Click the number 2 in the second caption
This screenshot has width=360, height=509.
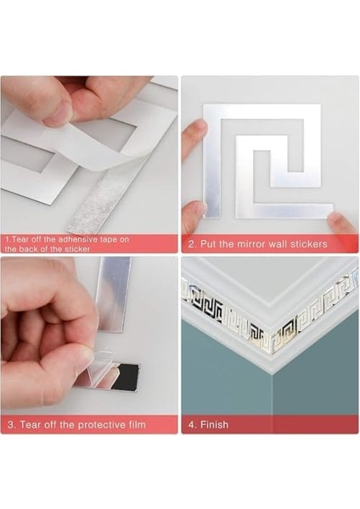point(191,244)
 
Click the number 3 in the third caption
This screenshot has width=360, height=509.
point(10,424)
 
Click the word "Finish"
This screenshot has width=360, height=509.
point(214,424)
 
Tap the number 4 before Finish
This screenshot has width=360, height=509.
point(191,424)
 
